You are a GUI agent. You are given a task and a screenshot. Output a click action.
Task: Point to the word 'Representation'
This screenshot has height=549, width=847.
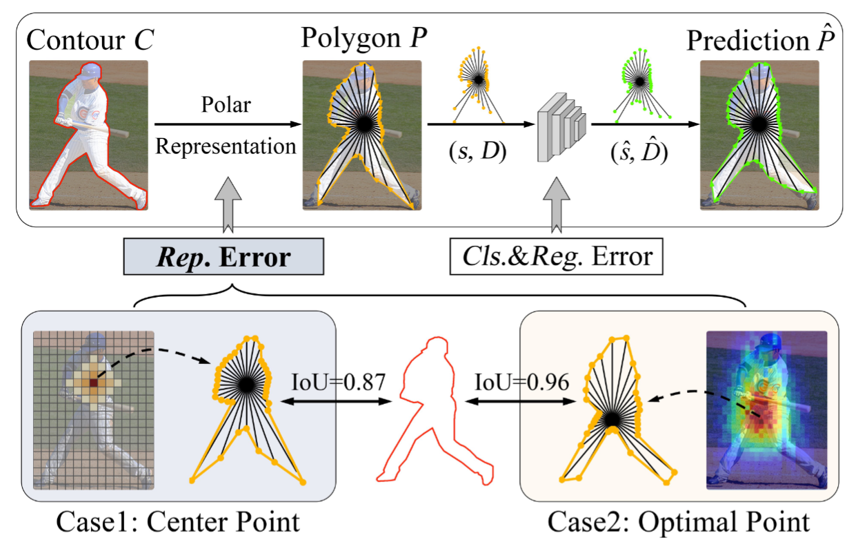(226, 146)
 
